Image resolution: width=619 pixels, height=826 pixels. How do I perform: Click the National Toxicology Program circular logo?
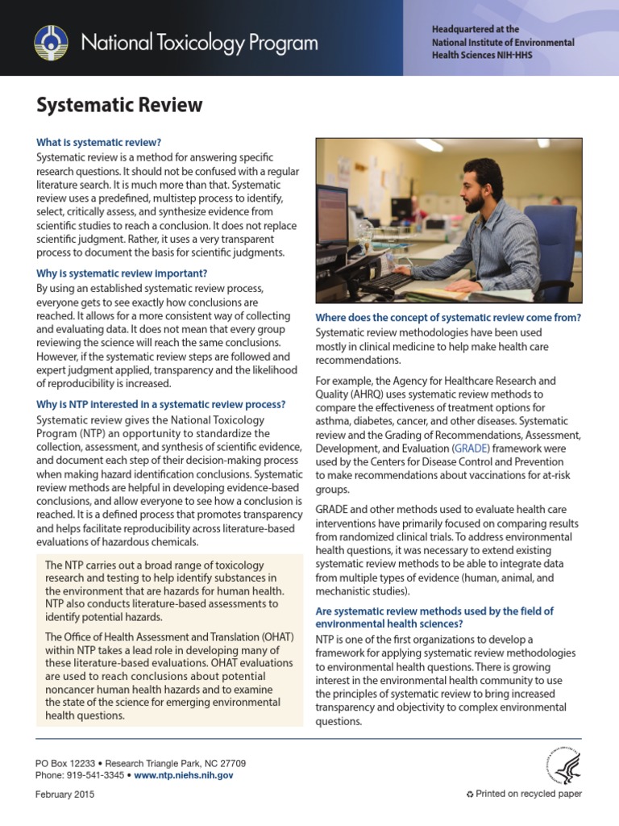click(51, 42)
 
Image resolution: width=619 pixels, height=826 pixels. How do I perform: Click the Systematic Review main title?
click(119, 105)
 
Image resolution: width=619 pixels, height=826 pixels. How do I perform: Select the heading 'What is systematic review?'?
click(98, 141)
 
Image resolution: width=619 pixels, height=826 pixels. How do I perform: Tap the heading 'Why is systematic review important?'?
click(122, 273)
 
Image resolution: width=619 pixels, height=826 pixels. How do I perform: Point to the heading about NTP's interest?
click(161, 404)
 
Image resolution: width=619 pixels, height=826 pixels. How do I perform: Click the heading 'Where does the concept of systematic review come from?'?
click(448, 317)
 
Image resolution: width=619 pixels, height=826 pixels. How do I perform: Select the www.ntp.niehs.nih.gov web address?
click(184, 775)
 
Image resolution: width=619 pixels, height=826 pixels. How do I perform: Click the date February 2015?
click(64, 795)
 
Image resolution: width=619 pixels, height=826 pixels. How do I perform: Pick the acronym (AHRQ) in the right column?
click(379, 394)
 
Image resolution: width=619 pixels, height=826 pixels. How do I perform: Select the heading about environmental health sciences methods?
click(434, 618)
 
